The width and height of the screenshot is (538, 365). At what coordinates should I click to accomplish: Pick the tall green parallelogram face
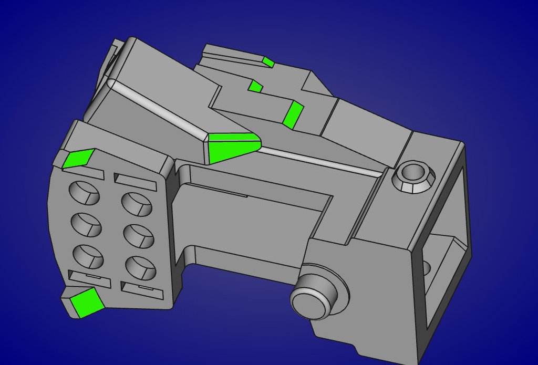point(292,115)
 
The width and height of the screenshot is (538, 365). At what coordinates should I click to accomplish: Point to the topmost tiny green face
point(268,62)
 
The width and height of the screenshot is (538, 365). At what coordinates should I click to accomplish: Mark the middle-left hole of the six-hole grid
point(86,224)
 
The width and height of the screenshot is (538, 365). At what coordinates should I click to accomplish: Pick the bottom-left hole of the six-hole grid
point(88,256)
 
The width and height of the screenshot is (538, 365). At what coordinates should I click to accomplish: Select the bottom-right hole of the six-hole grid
point(141,267)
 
